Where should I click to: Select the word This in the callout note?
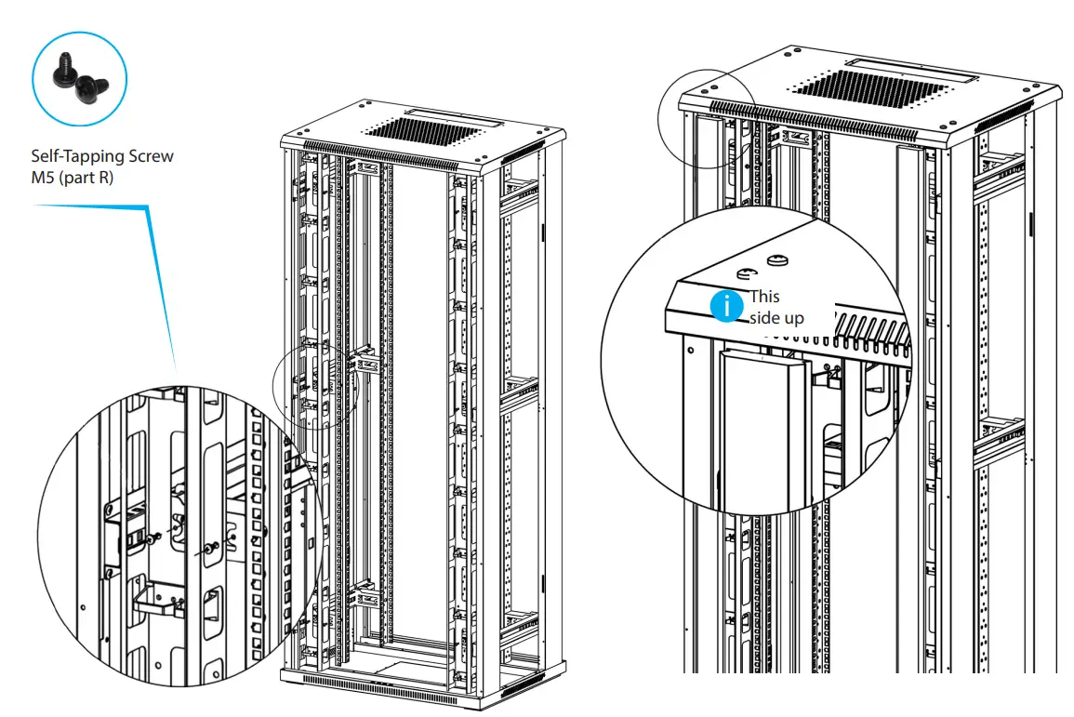click(x=764, y=296)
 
